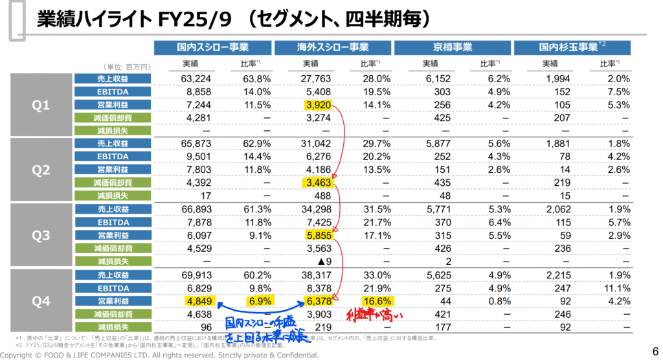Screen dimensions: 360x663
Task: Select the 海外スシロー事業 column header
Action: click(332, 47)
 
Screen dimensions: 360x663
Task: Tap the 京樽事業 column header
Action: click(452, 47)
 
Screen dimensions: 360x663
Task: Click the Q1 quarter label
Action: click(41, 105)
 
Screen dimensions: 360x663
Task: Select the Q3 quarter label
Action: click(41, 236)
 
